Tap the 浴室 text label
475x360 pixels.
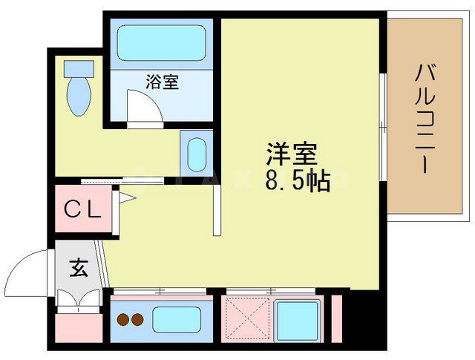(162, 82)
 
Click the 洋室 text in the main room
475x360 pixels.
(292, 155)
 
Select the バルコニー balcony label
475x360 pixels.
(425, 119)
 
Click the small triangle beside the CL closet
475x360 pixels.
(125, 197)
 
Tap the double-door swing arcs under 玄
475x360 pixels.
(78, 298)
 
